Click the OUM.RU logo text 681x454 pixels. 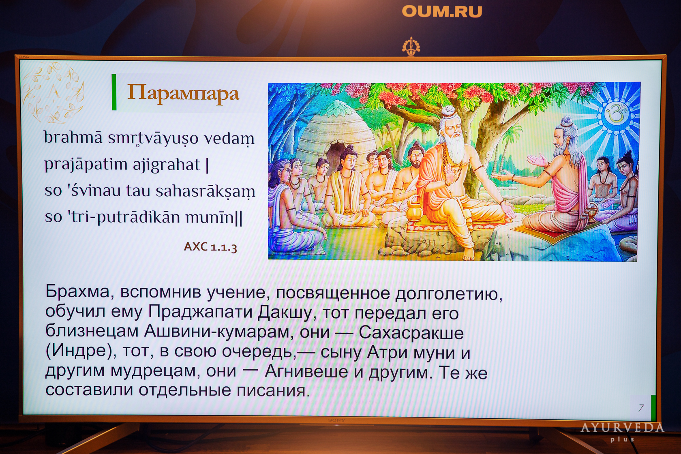pos(442,12)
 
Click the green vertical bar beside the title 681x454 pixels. pos(114,92)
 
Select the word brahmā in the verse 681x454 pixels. pos(73,137)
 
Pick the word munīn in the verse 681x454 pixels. pos(210,217)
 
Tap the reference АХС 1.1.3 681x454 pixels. pos(210,246)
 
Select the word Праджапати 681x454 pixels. pos(200,312)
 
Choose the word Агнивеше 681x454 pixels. pos(306,371)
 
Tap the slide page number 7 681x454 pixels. pos(641,408)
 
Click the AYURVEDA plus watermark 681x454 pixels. pos(622,432)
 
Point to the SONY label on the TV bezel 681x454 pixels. pos(336,420)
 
